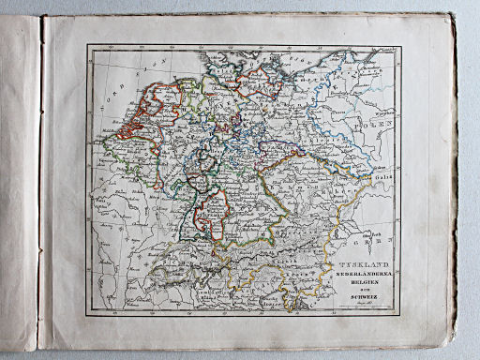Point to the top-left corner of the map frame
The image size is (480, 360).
87,44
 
